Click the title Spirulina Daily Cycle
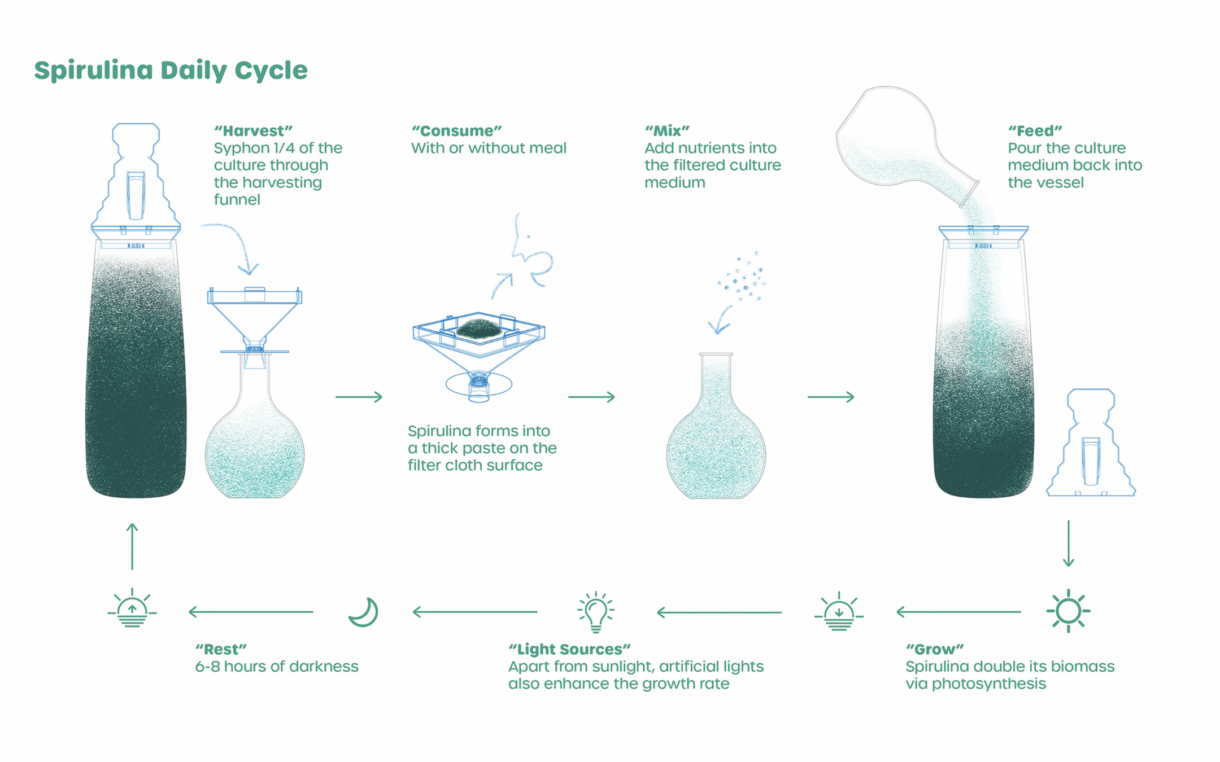pos(171,71)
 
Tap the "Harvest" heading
pos(253,131)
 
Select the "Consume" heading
pos(456,131)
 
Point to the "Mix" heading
pos(667,131)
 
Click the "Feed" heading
pos(1035,131)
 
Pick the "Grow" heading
pos(934,649)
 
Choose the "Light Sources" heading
pos(569,649)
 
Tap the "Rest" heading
pos(221,649)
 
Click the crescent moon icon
pos(364,612)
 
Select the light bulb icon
pos(595,612)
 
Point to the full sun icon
pos(1068,611)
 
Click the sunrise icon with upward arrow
pos(132,610)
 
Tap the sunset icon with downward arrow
pos(839,612)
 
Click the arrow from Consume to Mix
pos(591,397)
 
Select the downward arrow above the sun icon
pos(1068,543)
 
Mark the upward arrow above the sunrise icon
pos(132,546)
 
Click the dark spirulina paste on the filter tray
pos(478,329)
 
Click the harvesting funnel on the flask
pos(254,319)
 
